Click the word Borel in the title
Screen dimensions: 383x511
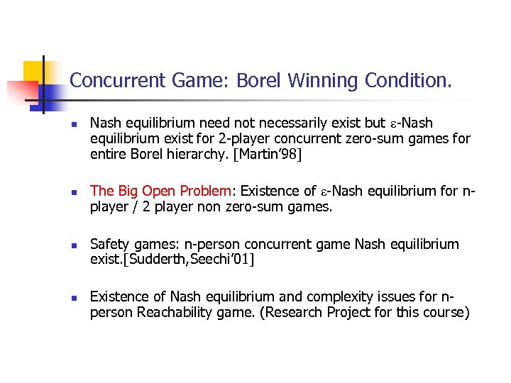(260, 81)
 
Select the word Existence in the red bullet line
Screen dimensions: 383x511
(273, 191)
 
